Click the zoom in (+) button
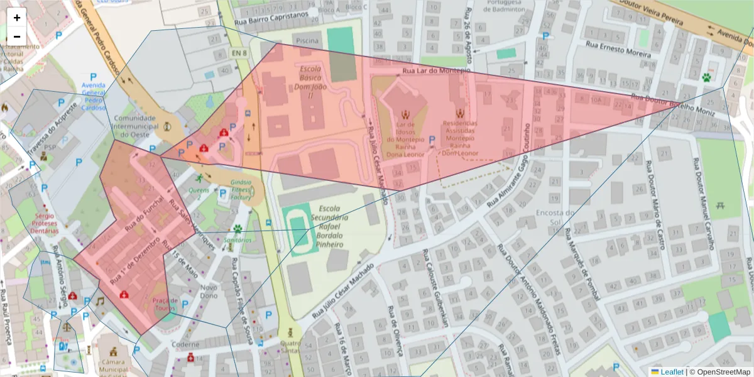17,18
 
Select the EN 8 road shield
238,52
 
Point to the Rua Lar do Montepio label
436,72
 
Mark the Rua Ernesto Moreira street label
618,50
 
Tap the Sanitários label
238,240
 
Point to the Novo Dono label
209,292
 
